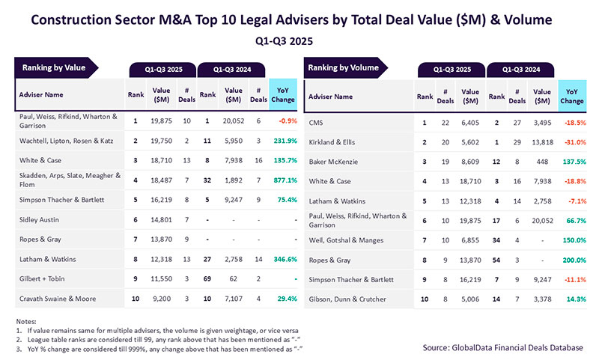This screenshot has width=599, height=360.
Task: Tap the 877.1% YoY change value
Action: (282, 180)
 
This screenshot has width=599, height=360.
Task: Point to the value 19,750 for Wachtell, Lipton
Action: (162, 140)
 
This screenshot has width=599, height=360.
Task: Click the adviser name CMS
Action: (317, 121)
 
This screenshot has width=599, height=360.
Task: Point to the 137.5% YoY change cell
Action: (572, 160)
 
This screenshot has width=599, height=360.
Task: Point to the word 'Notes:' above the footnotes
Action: (25, 322)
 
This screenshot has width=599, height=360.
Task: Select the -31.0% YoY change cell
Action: (572, 141)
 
